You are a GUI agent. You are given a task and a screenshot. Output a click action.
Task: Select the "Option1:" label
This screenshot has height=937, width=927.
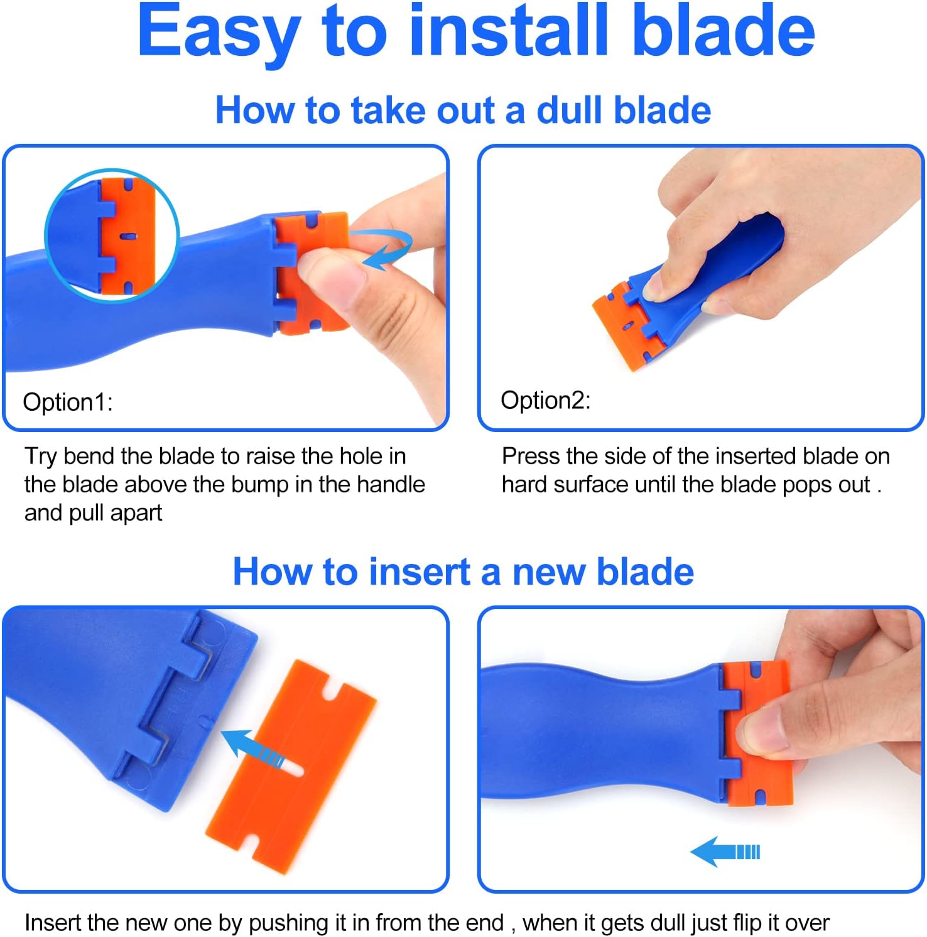(x=68, y=402)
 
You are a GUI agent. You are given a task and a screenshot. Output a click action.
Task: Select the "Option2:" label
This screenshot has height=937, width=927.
(x=545, y=400)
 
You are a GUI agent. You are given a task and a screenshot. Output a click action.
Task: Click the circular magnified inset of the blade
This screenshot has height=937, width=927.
(x=112, y=235)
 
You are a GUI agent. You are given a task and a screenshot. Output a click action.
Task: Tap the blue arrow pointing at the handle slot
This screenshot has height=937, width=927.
(x=251, y=747)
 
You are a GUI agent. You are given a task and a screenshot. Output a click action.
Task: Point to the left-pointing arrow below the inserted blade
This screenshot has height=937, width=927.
(x=725, y=852)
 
